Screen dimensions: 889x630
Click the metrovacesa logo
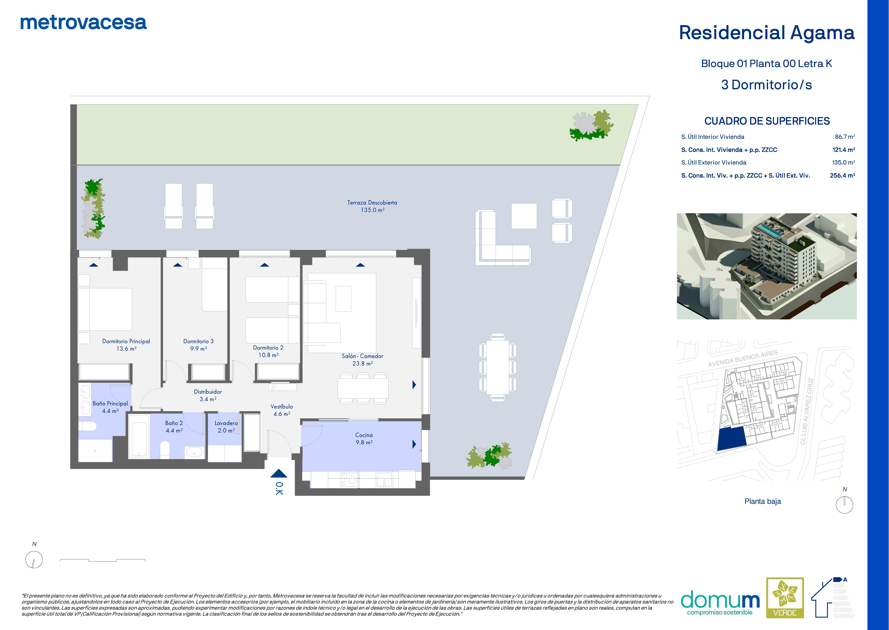(83, 23)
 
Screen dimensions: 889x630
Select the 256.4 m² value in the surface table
(842, 175)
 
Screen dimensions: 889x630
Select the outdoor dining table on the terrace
(498, 367)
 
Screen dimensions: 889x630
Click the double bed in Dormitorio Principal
(105, 309)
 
